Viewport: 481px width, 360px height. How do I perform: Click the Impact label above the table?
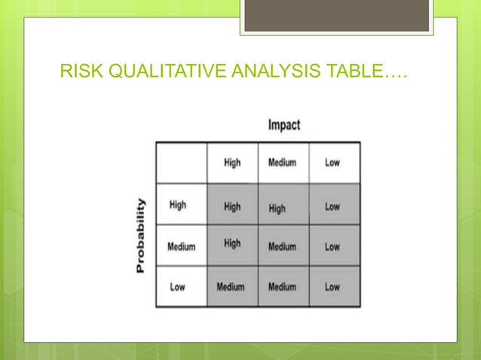coord(283,124)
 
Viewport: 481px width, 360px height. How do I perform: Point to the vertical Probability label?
coord(141,236)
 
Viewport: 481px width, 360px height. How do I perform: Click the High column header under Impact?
coord(232,163)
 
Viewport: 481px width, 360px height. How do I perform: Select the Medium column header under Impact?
coord(283,163)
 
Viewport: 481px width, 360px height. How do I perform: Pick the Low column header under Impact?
coord(332,163)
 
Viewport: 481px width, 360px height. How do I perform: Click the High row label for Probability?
coord(178,205)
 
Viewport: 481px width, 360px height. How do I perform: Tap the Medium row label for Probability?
coord(181,246)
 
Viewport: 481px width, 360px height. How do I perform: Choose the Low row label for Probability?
coord(178,287)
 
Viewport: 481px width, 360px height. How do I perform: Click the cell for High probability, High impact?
coord(232,206)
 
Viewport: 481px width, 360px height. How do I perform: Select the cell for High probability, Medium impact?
coord(277,209)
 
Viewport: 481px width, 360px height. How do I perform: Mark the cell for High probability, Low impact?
coord(332,206)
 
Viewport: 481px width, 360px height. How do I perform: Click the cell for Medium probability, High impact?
coord(232,243)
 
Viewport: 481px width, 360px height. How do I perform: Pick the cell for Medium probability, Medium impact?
coord(282,246)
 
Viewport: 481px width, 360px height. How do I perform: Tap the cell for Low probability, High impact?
coord(230,287)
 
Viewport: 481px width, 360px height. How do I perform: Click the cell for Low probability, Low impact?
coord(332,287)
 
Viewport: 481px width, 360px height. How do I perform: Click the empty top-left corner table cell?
coord(181,163)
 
